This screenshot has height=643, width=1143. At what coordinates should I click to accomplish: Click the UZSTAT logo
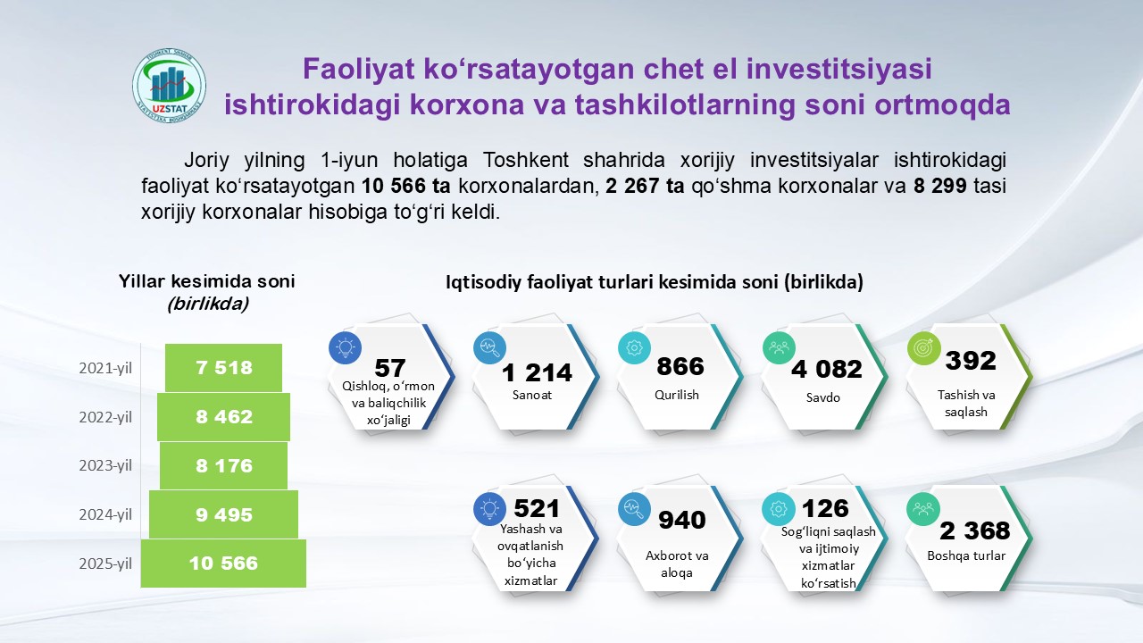point(169,87)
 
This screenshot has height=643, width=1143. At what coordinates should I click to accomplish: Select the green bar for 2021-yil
point(223,368)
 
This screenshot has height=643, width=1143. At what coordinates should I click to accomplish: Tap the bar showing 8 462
point(223,417)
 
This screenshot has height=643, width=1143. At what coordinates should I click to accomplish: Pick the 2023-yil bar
point(223,465)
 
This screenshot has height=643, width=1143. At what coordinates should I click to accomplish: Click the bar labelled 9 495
point(223,514)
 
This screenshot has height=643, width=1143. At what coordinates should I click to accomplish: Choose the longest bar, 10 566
point(223,564)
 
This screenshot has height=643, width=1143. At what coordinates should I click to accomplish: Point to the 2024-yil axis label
point(105,514)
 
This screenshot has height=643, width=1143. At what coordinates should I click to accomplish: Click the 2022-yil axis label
point(105,417)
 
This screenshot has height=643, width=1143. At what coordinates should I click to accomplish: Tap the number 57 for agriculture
point(390,368)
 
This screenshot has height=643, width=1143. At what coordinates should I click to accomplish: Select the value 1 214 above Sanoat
point(537,372)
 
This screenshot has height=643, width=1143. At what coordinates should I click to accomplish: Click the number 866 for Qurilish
point(680,366)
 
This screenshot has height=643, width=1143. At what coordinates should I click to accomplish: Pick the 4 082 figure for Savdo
point(827,369)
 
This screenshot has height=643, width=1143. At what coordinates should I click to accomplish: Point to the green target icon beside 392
point(923,348)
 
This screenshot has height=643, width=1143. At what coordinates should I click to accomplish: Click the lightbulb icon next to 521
point(490,509)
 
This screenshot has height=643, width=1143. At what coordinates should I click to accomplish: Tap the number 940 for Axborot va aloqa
point(682,520)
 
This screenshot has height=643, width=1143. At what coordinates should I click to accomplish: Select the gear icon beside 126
point(779,509)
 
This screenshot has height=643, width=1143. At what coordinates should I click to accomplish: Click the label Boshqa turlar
point(966,555)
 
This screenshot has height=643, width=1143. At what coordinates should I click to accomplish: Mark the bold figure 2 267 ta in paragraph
point(645,186)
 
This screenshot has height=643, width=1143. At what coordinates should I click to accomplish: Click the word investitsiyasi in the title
point(838,69)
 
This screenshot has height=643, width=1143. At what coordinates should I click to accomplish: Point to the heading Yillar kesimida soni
point(206,281)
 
